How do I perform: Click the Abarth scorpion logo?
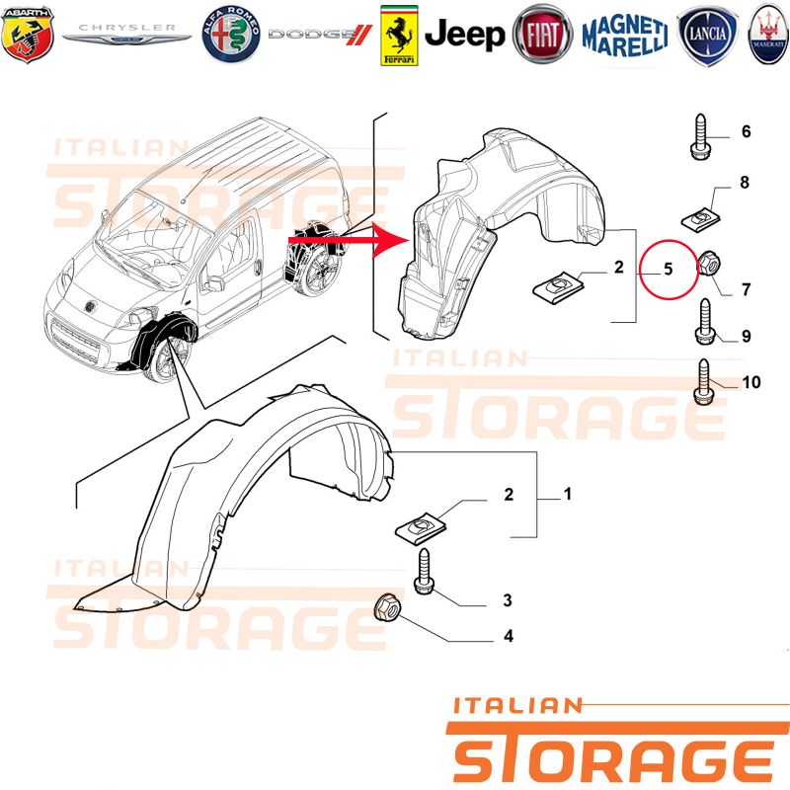[x=28, y=35]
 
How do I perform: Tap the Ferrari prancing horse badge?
[x=399, y=36]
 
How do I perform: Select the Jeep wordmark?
[x=464, y=36]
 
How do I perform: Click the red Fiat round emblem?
[x=542, y=35]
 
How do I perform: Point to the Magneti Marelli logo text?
[x=625, y=36]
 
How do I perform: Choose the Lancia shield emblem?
[x=707, y=36]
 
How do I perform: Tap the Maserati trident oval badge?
[x=768, y=35]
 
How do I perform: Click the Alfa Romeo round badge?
[x=231, y=35]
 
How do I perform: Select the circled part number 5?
[x=669, y=269]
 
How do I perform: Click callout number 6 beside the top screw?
[x=747, y=131]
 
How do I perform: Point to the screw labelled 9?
[x=704, y=322]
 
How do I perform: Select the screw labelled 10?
[x=704, y=381]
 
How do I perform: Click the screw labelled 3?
[x=424, y=572]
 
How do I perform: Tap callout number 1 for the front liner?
[x=568, y=495]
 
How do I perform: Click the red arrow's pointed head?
[x=393, y=240]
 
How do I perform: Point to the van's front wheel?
[x=166, y=357]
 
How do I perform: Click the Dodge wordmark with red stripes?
[x=320, y=35]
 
